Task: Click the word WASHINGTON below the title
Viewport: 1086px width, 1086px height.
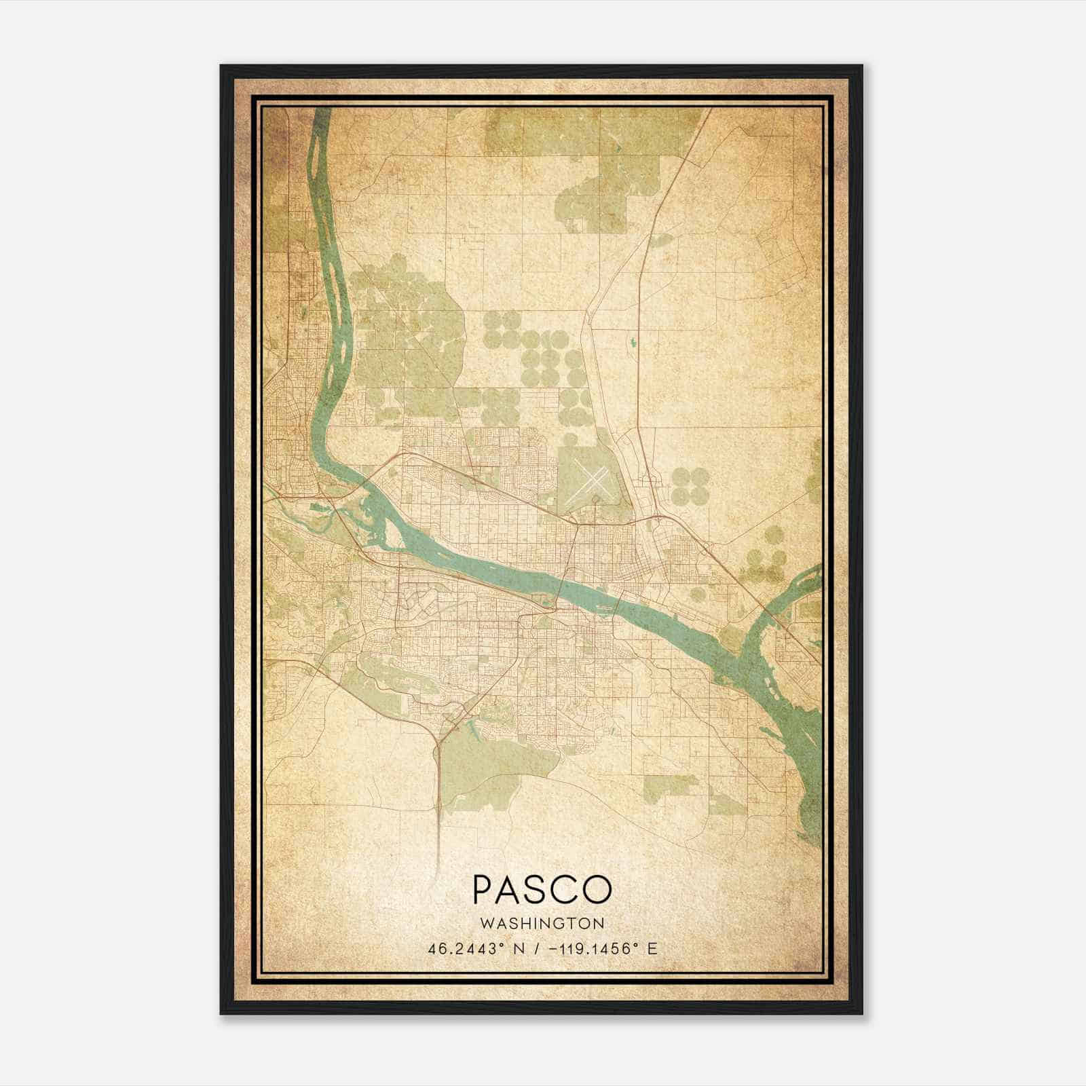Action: point(542,923)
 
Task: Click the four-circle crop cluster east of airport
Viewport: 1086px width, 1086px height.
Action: point(690,486)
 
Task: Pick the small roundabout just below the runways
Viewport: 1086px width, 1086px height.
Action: point(595,500)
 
